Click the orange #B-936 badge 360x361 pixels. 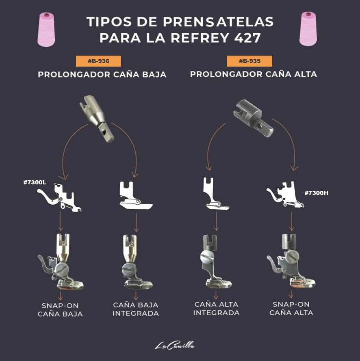pos(98,61)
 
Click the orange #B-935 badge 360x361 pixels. pos(249,61)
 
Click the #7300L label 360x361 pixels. pos(35,182)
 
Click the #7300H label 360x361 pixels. pos(316,192)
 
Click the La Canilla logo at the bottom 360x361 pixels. pos(175,346)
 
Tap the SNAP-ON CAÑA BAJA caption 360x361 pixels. pos(60,309)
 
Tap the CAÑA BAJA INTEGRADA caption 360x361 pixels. pos(136,309)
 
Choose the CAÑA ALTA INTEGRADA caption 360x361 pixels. pos(216,308)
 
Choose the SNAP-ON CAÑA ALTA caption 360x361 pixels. pos(291,308)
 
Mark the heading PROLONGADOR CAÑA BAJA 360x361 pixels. pos(102,75)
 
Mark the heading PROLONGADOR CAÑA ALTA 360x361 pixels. pos(254,74)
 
